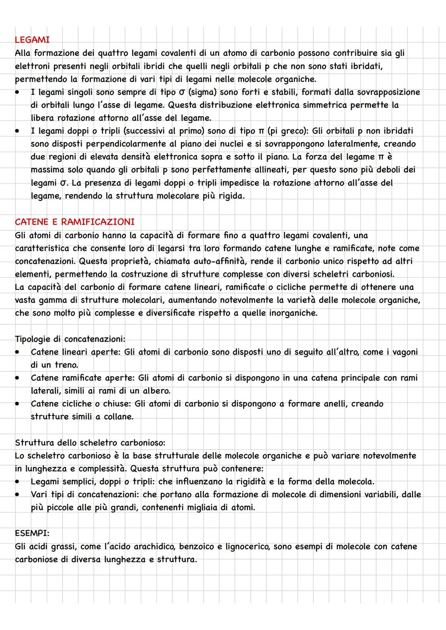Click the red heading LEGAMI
[32, 40]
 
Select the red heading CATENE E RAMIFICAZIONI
[75, 222]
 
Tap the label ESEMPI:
[32, 533]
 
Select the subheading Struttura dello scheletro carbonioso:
[90, 443]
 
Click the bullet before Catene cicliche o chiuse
[18, 403]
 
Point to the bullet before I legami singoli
[18, 92]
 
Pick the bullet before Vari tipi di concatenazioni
[18, 494]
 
